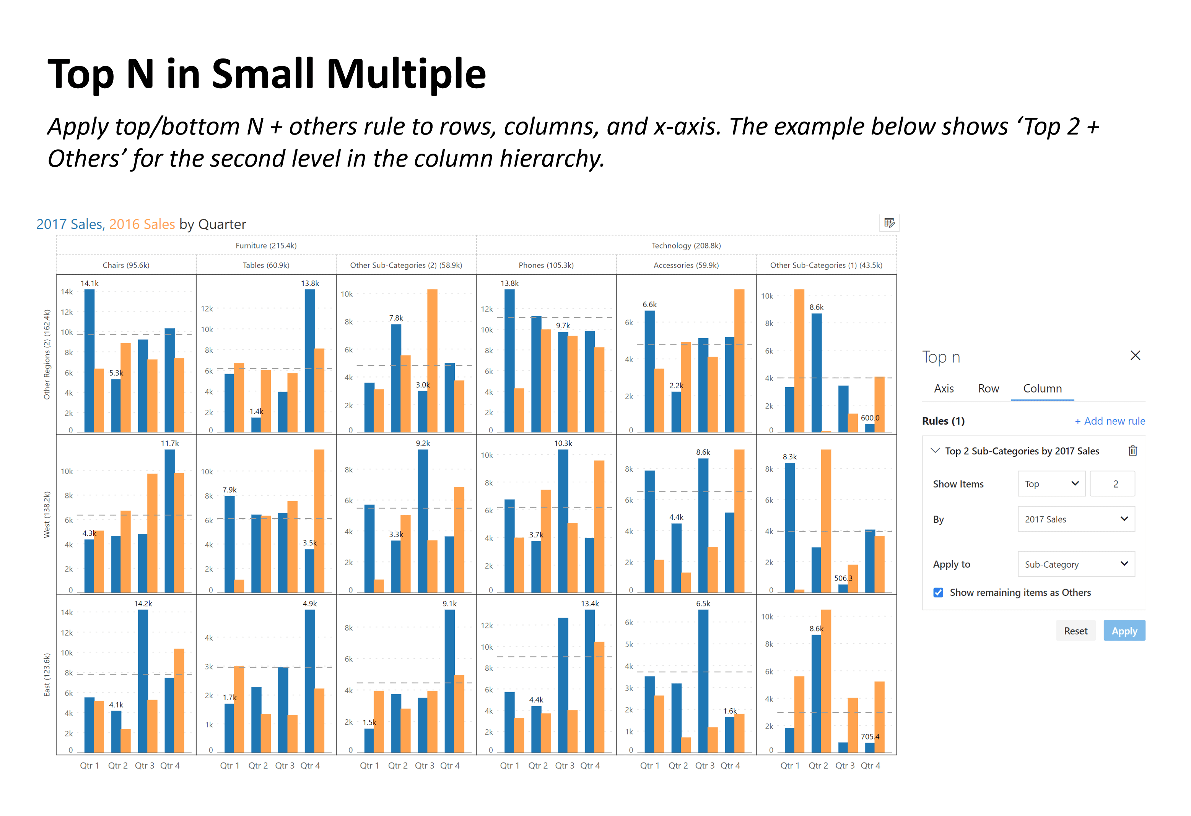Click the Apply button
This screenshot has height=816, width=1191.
1123,631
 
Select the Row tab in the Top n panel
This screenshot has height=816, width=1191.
988,388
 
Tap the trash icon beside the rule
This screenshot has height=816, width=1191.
1132,451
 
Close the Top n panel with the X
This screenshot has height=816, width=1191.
1135,355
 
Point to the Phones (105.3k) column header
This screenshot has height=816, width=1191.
546,265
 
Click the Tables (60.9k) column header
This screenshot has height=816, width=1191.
266,265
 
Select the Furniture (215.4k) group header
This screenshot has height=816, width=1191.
266,245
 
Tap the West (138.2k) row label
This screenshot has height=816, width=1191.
47,514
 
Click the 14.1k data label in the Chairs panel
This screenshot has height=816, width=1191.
89,283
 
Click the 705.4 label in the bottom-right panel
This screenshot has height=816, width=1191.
870,737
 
